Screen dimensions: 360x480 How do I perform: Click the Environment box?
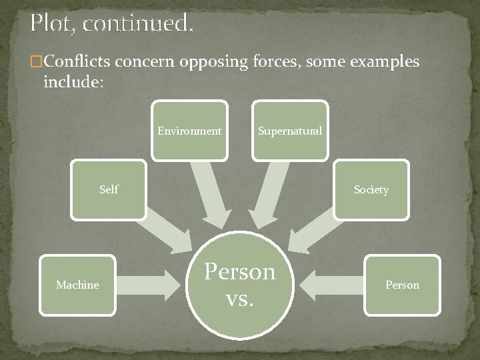point(189,131)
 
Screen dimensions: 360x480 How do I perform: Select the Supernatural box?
point(290,131)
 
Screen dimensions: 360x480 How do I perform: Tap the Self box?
point(108,190)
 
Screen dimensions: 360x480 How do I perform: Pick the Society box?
point(371,190)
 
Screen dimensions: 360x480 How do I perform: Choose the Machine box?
point(77,285)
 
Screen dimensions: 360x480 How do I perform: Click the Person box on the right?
point(402,285)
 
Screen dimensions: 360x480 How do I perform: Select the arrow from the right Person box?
point(330,285)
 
